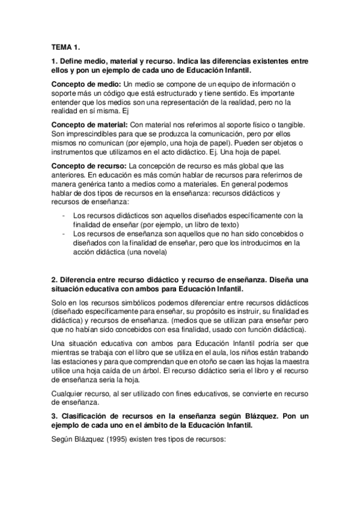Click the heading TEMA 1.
click(x=65, y=47)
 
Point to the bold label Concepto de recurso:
click(x=90, y=165)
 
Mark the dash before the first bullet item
click(x=64, y=215)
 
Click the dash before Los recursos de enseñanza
click(x=64, y=232)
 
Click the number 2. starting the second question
click(x=55, y=280)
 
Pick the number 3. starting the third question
click(x=55, y=416)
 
